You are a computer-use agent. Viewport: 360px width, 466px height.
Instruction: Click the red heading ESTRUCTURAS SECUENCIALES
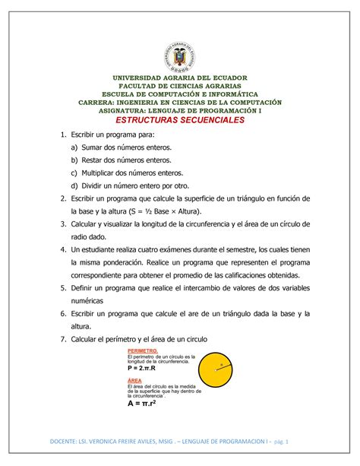179,120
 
